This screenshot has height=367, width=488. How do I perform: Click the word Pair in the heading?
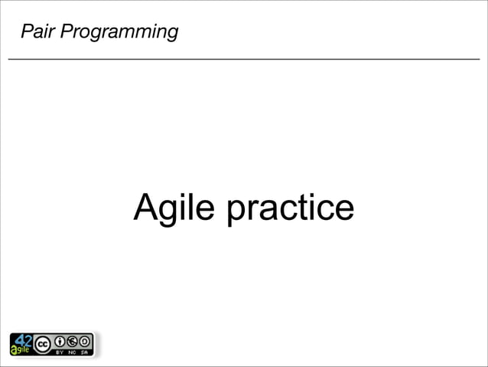[36, 32]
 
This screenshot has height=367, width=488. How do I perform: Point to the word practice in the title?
[290, 208]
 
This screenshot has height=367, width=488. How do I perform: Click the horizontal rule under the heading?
[244, 59]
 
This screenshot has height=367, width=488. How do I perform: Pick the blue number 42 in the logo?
[24, 339]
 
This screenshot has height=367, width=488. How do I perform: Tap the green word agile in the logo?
[20, 349]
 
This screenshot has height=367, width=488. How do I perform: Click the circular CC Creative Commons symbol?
[43, 342]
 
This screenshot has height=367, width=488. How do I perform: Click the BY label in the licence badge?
[60, 352]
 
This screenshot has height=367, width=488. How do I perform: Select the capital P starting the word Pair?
[26, 32]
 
